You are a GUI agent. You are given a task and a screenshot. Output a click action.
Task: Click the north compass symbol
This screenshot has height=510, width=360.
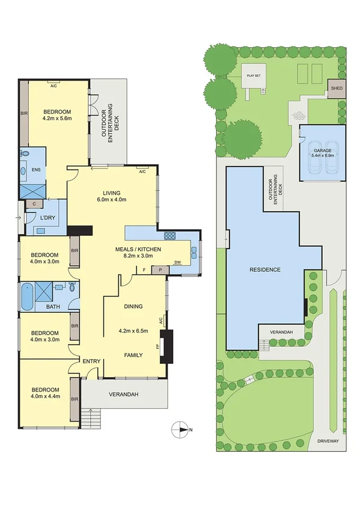[180, 429]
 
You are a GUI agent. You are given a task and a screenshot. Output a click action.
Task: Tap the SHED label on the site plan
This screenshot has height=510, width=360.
[335, 90]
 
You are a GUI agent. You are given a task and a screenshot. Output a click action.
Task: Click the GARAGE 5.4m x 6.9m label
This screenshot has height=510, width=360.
[322, 152]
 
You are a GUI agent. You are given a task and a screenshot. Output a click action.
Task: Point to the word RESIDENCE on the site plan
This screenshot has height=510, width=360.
[265, 269]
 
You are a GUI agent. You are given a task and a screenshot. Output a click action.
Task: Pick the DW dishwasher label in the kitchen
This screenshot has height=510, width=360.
[177, 262]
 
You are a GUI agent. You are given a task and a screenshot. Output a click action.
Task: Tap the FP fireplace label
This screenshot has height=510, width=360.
[159, 347]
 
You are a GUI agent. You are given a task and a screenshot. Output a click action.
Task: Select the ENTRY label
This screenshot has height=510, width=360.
[91, 361]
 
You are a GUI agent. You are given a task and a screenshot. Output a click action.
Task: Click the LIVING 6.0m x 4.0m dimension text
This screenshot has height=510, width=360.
[112, 200]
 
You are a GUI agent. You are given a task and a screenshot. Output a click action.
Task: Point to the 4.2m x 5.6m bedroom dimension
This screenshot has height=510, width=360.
[56, 118]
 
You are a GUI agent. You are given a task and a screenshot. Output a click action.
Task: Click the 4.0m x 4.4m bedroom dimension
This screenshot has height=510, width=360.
[45, 397]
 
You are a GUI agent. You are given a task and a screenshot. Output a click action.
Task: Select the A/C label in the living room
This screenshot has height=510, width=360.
[142, 172]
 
